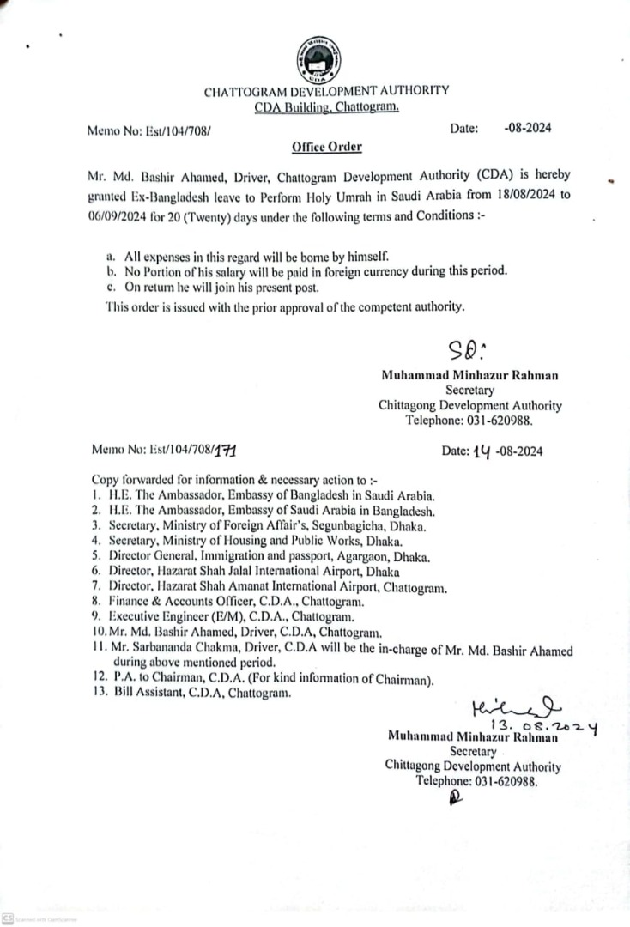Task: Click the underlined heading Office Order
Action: point(326,147)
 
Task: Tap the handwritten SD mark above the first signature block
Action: point(469,350)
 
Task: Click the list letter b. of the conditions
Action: point(111,270)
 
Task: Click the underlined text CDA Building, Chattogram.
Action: point(326,106)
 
